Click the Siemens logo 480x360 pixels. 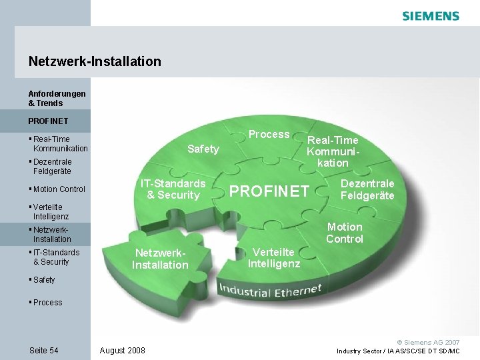[x=431, y=16]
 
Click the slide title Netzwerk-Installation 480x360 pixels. [x=95, y=61]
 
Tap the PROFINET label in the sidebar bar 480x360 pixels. [x=48, y=122]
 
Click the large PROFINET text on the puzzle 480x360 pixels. [x=269, y=192]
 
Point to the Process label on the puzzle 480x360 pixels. [x=269, y=135]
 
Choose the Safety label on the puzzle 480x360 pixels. [x=203, y=149]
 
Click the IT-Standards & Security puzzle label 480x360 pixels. [x=173, y=189]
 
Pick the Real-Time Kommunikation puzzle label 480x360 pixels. [x=333, y=151]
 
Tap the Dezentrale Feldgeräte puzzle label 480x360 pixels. [x=367, y=189]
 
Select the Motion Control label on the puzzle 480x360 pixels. [x=344, y=233]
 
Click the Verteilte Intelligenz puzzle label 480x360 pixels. [x=274, y=258]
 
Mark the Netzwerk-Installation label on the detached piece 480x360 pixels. [x=160, y=259]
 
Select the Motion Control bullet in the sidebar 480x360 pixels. [x=59, y=189]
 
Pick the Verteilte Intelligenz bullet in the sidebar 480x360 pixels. [x=51, y=212]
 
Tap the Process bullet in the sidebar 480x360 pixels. [x=47, y=303]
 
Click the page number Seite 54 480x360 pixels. [x=44, y=351]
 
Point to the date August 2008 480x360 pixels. [x=123, y=351]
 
